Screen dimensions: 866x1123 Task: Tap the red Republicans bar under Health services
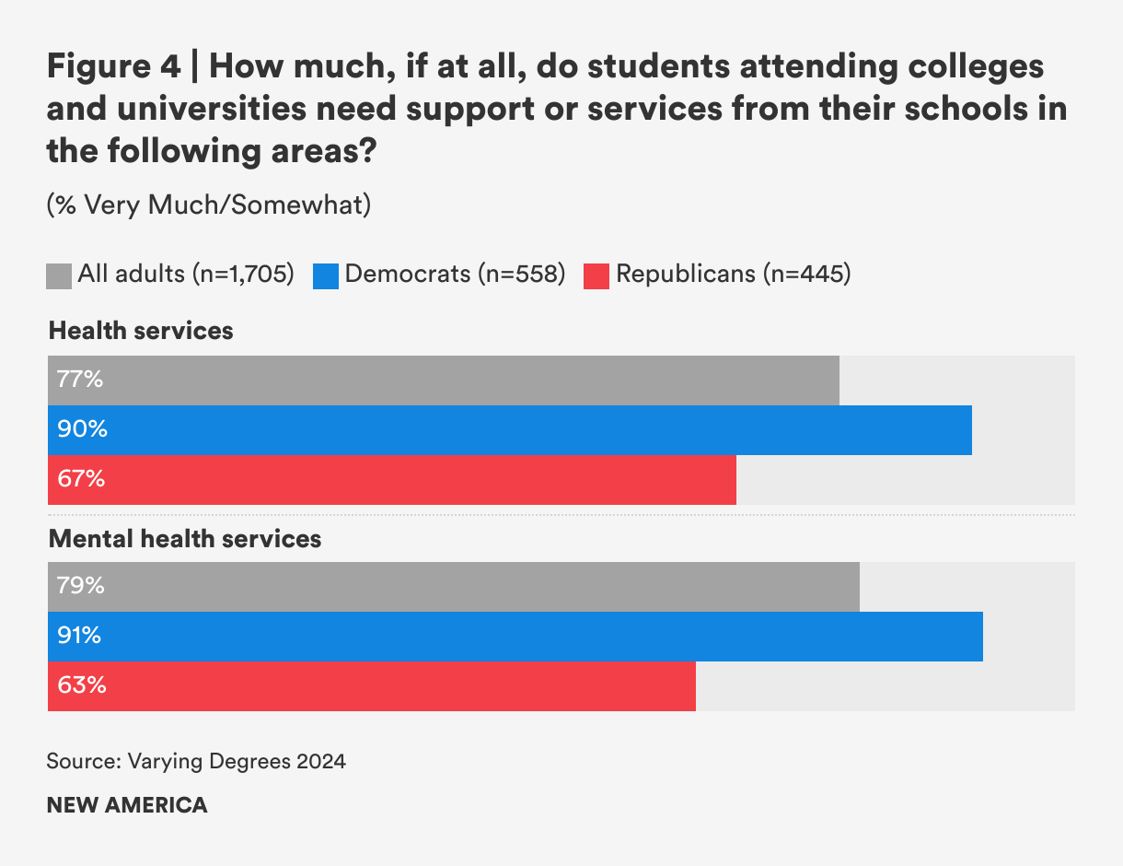[392, 480]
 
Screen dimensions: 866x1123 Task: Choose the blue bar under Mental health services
[515, 637]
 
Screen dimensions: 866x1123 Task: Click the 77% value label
[80, 380]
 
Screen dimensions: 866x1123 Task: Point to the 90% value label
[82, 429]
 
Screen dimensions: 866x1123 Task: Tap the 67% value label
[81, 479]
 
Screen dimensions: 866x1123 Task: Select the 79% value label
[81, 586]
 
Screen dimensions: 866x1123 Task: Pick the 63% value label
[81, 685]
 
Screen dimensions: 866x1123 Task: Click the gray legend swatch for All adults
[59, 275]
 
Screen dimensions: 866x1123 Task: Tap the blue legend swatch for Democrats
[326, 275]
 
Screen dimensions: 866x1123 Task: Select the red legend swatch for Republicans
[596, 275]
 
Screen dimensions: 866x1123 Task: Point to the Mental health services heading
[185, 539]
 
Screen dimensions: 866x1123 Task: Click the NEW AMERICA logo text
[127, 805]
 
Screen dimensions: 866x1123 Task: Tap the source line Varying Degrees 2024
[196, 762]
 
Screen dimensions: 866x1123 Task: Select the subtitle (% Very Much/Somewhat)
[209, 205]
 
